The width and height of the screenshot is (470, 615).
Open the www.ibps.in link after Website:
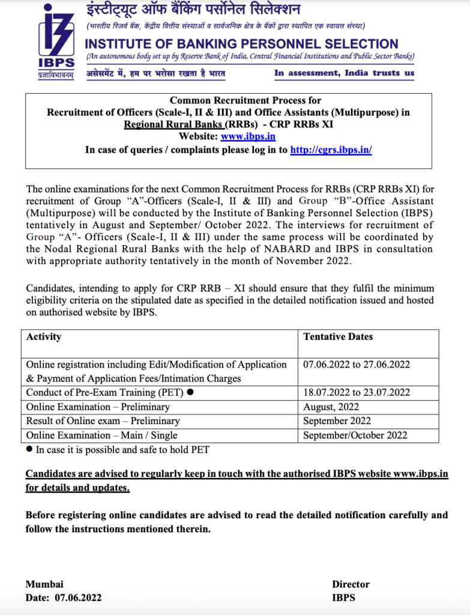[248, 136]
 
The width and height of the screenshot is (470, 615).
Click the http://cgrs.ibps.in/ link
[331, 150]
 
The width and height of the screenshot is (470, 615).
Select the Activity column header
[44, 336]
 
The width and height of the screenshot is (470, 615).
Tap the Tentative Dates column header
[338, 336]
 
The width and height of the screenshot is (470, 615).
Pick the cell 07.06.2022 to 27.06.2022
[357, 365]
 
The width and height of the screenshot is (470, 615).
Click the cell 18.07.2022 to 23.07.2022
[357, 392]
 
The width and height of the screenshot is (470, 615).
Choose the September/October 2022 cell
[355, 435]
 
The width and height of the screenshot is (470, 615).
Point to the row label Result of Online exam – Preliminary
[103, 421]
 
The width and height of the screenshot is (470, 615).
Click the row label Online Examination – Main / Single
[101, 435]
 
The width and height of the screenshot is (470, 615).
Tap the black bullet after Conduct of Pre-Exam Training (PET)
[190, 393]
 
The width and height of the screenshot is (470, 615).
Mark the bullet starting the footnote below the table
[29, 449]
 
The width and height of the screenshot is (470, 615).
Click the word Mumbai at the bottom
[44, 584]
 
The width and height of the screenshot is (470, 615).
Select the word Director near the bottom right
[351, 584]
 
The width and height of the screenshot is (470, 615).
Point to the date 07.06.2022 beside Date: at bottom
[78, 598]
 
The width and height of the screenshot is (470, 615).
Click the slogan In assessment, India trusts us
[344, 73]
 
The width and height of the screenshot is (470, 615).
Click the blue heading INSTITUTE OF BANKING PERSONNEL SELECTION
[241, 44]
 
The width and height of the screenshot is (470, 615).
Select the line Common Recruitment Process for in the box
[246, 100]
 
